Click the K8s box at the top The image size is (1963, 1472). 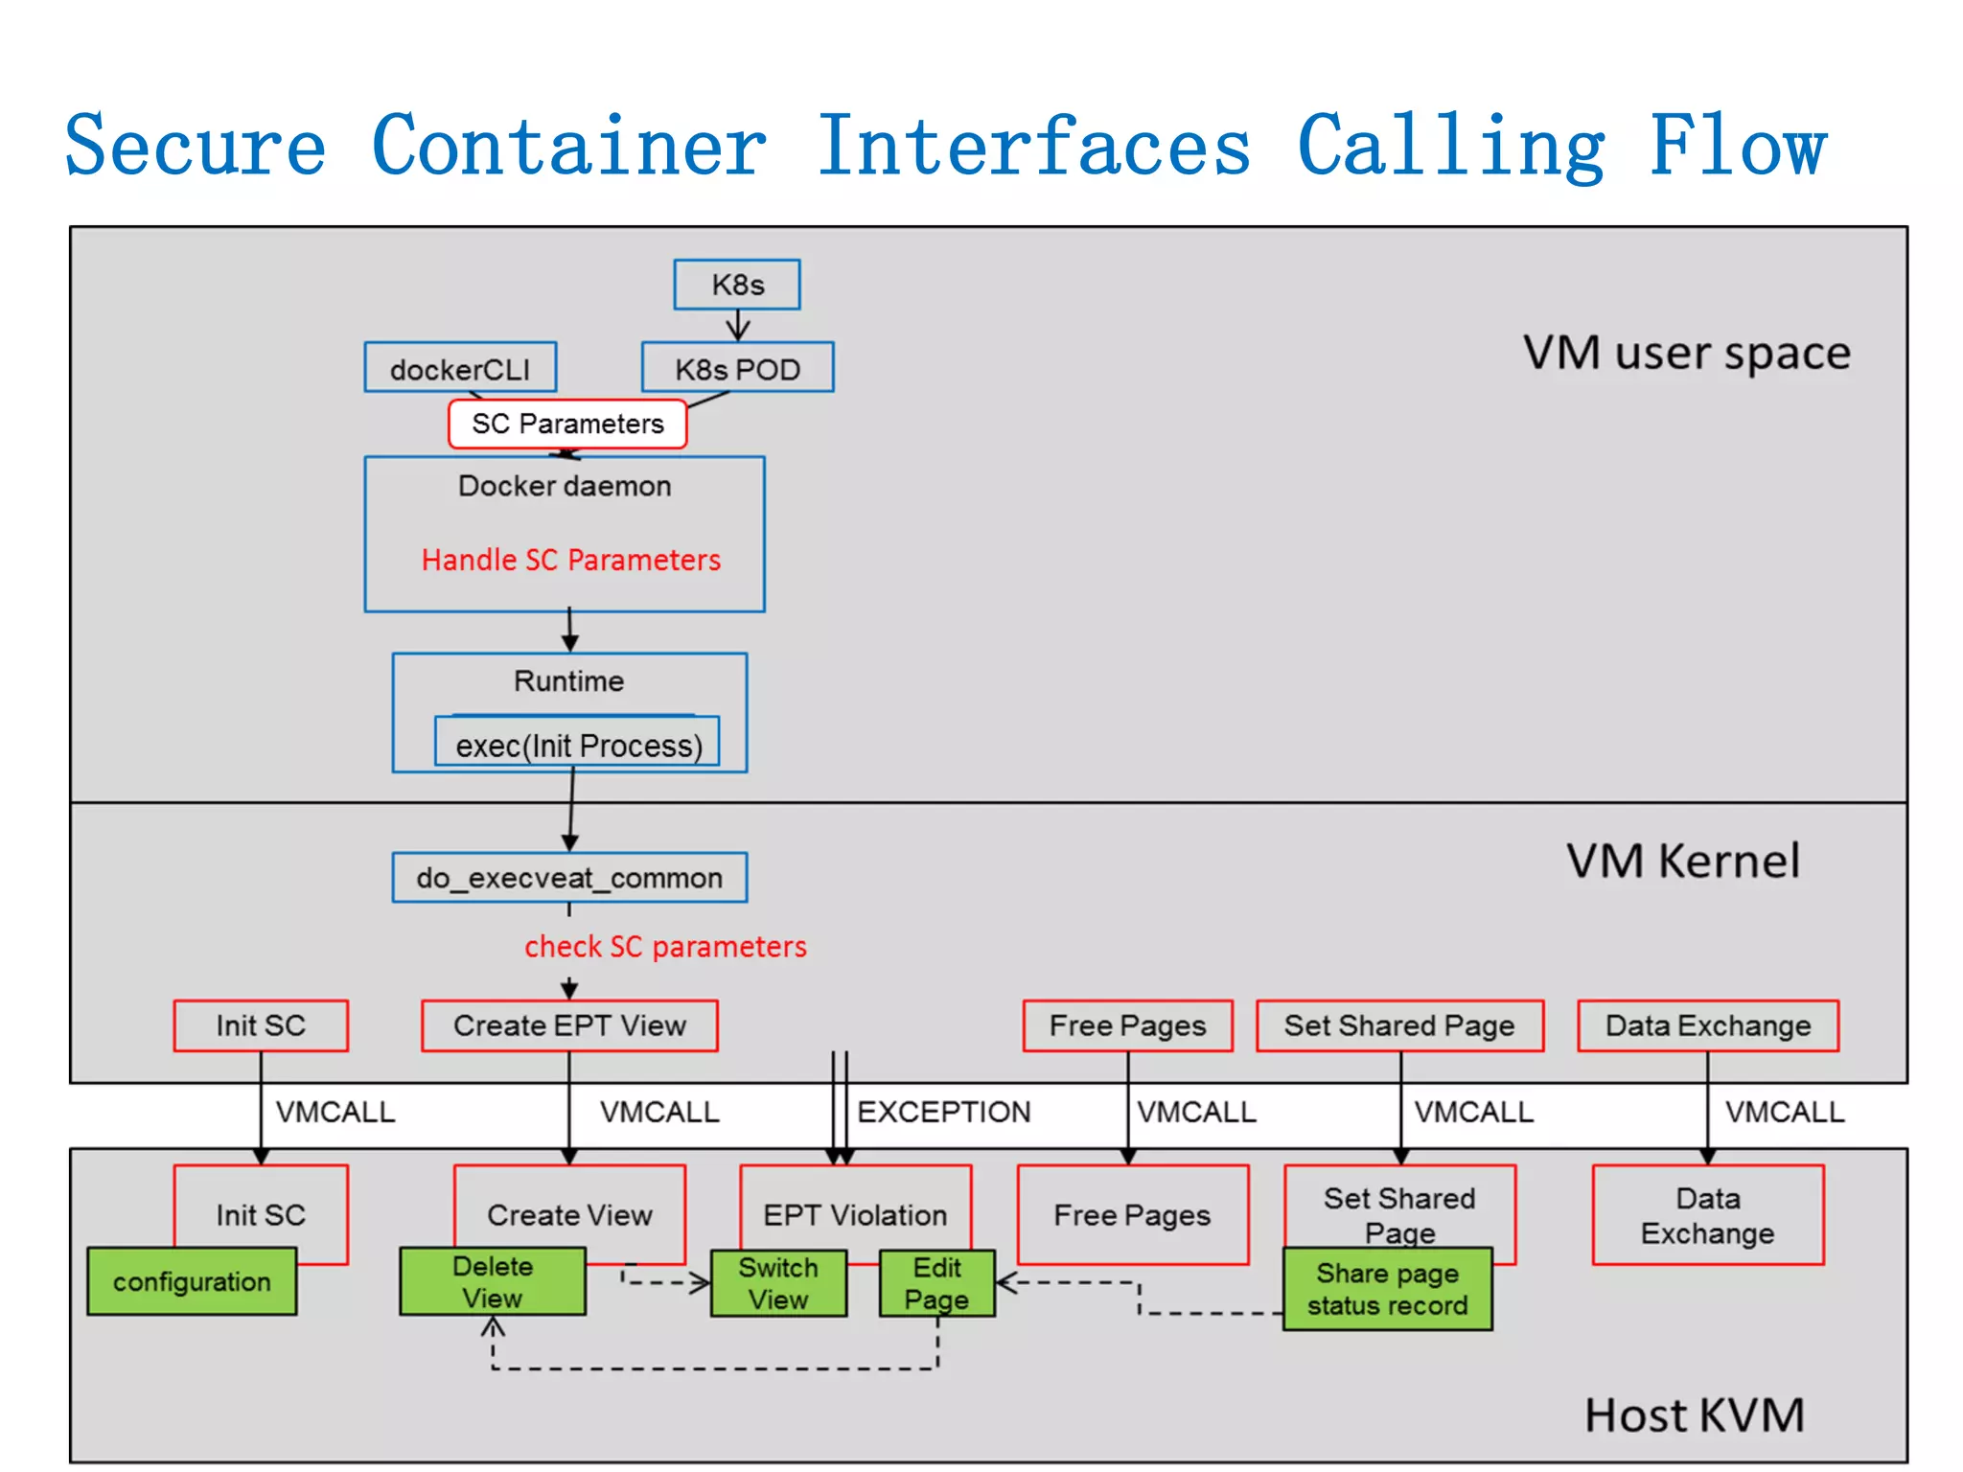click(x=736, y=285)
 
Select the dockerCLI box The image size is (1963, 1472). click(x=460, y=369)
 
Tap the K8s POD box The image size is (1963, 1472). click(x=737, y=369)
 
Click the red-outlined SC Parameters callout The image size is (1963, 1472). click(x=567, y=424)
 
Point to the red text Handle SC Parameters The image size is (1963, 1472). click(x=570, y=560)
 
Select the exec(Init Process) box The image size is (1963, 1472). click(x=578, y=745)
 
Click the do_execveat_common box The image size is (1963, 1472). click(x=569, y=878)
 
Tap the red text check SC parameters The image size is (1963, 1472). click(x=665, y=947)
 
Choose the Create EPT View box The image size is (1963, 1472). click(x=569, y=1025)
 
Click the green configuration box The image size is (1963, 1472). click(x=192, y=1281)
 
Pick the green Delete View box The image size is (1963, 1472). click(x=493, y=1281)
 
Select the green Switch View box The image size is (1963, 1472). click(x=778, y=1283)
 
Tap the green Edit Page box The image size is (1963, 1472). click(x=936, y=1283)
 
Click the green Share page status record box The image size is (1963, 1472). click(x=1387, y=1289)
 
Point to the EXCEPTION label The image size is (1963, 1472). click(x=943, y=1112)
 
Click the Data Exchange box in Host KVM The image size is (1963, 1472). click(x=1707, y=1215)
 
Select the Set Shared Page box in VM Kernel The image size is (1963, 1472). click(x=1399, y=1025)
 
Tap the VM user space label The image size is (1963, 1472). click(x=1686, y=353)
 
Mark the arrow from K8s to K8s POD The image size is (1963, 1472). click(x=737, y=326)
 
